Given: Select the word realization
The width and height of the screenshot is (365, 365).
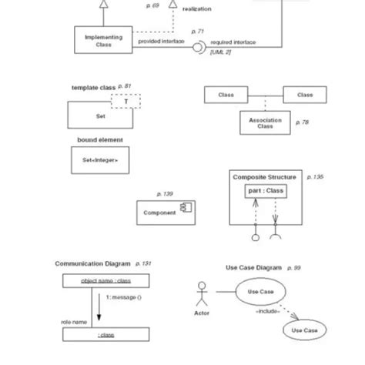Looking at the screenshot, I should coord(196,9).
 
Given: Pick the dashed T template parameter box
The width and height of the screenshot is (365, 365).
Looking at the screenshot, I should coord(126,101).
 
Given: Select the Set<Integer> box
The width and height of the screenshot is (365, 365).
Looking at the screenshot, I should coord(100,162).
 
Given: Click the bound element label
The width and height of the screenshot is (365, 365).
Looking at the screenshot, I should coord(100,140).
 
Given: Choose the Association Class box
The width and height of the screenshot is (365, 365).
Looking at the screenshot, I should coord(266,123).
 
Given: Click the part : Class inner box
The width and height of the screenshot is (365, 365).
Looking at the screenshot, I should coord(266,190).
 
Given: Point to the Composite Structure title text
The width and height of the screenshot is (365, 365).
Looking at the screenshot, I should coord(264,177).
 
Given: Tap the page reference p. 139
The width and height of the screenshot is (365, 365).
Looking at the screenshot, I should coord(165,194).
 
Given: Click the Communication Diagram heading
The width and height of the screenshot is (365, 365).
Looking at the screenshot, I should coord(92,263).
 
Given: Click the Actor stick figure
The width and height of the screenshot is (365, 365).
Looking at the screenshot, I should coord(202,293).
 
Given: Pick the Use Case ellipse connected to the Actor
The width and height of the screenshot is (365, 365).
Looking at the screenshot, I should coord(260,292).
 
